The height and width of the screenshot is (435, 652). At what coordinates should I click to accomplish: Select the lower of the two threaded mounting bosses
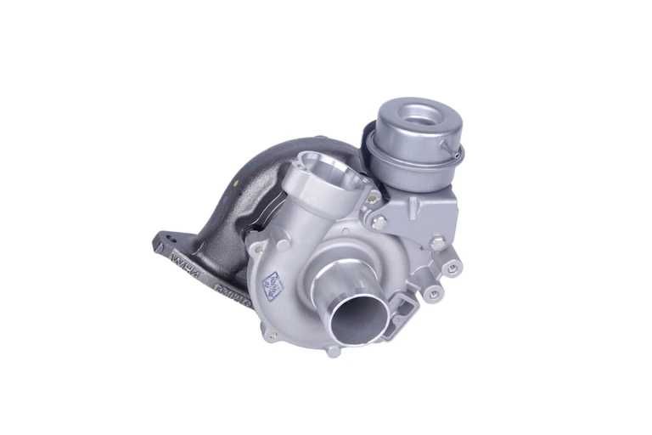point(435,293)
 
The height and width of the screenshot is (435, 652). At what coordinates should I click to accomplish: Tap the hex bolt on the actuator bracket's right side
point(438,244)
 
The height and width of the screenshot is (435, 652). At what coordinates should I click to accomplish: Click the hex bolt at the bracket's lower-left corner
point(379,222)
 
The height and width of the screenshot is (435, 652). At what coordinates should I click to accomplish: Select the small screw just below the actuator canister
point(373,197)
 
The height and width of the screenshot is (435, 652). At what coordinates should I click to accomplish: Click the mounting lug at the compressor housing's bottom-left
point(271,334)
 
